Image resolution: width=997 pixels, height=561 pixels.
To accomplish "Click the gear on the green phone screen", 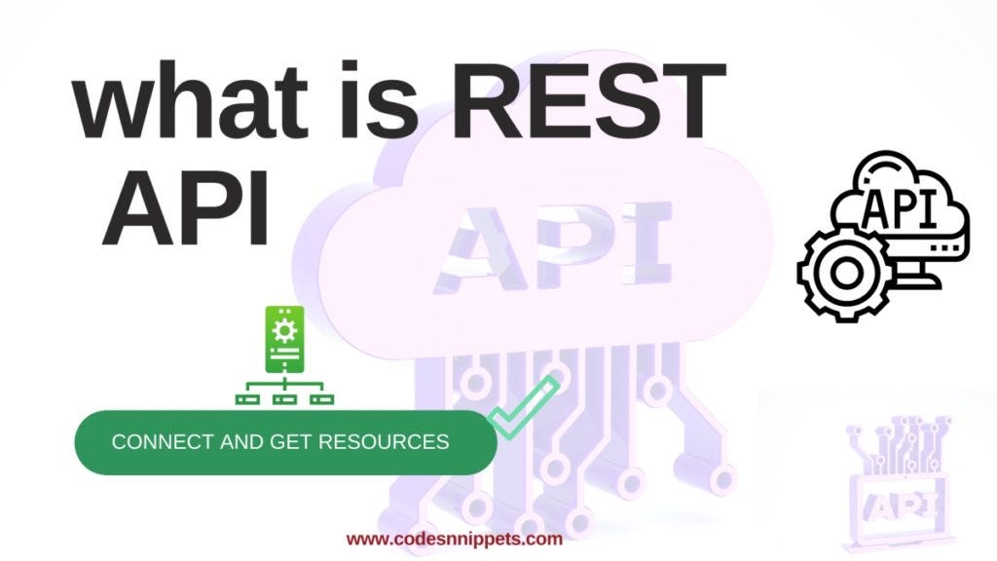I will [x=284, y=329].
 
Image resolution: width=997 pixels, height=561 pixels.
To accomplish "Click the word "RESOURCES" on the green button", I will [x=388, y=442].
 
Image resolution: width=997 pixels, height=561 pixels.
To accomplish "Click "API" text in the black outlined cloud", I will [x=900, y=207].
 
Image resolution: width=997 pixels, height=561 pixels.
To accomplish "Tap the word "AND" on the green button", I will [x=238, y=442].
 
